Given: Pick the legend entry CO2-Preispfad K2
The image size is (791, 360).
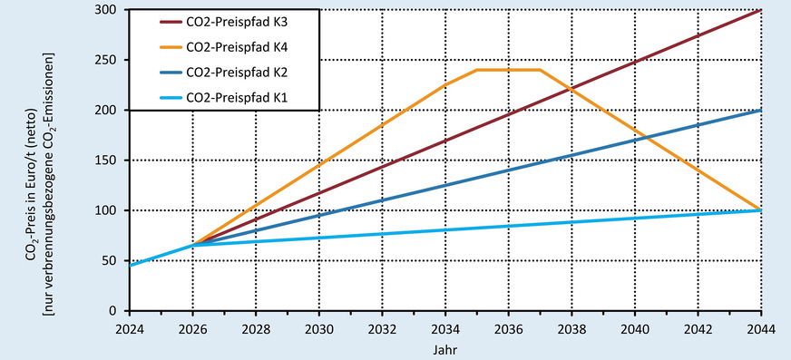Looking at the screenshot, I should [x=243, y=70].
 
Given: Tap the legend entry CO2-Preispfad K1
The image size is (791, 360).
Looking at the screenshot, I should [x=243, y=94].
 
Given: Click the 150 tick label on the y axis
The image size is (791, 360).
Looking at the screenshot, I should [x=109, y=161].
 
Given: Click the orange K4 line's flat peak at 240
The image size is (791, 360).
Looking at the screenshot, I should [x=508, y=70].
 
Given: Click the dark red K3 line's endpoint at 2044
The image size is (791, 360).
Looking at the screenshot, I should [x=760, y=10].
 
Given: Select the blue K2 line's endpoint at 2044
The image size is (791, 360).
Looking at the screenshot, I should [x=760, y=110].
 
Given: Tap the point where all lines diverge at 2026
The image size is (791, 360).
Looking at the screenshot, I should [x=192, y=246].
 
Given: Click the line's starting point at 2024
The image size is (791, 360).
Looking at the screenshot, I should [x=130, y=266].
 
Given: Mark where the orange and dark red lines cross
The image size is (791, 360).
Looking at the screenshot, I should [x=571, y=89].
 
